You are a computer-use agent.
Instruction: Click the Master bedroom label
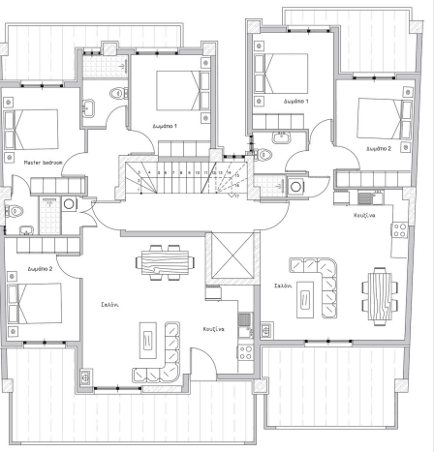tap(44, 164)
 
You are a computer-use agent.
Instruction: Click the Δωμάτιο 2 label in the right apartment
tap(379, 149)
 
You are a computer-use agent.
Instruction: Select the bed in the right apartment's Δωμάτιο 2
tap(379, 114)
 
